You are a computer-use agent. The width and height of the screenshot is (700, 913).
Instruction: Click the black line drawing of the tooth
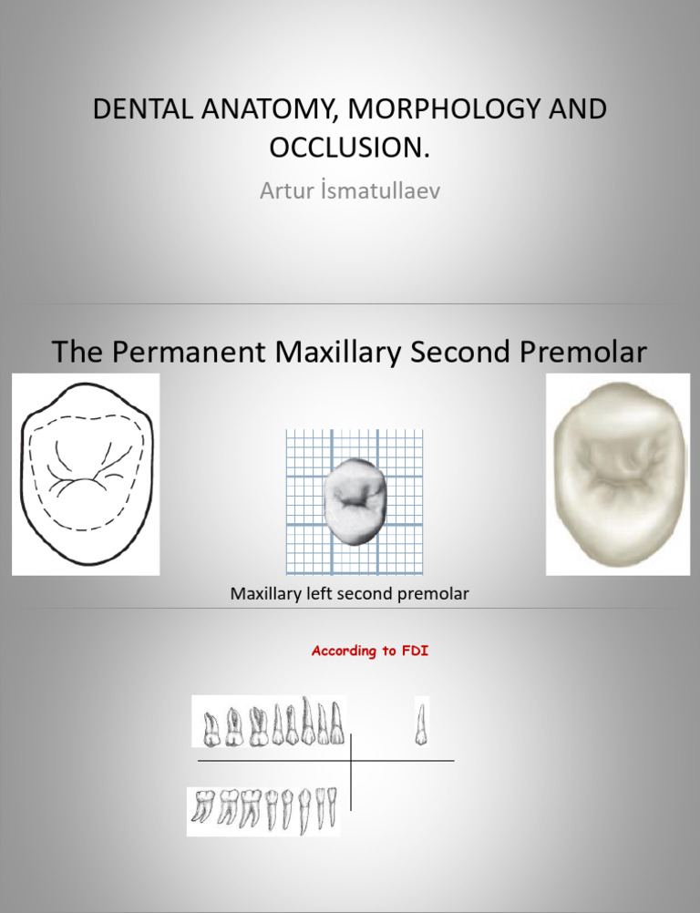86,475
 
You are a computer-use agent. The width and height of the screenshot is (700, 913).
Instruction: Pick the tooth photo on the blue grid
355,501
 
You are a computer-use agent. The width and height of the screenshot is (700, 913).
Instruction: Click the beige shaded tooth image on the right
617,475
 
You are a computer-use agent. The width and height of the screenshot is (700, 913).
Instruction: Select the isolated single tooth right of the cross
421,722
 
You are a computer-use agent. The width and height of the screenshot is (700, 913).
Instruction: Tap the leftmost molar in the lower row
202,809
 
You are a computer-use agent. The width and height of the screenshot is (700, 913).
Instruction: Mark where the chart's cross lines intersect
351,760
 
